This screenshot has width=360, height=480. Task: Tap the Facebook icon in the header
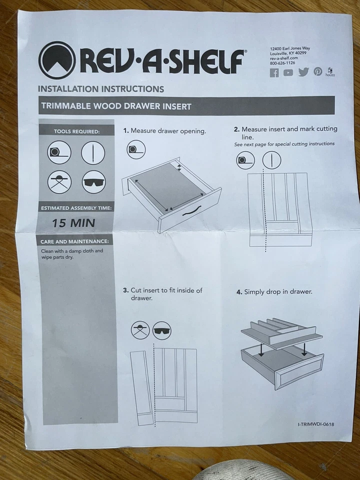click(274, 73)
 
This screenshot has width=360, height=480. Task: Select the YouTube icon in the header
click(288, 73)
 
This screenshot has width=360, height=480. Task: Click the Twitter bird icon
click(303, 72)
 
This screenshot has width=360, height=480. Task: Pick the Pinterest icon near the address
click(318, 72)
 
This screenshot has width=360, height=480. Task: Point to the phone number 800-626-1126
click(282, 63)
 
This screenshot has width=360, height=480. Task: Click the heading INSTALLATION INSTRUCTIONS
click(101, 89)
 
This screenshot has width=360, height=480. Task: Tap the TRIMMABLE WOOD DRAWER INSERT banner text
click(116, 106)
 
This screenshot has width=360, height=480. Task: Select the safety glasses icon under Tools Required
click(93, 181)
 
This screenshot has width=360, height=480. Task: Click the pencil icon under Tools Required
click(93, 152)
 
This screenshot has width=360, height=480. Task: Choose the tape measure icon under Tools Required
click(59, 152)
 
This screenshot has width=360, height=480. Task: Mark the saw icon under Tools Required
click(59, 181)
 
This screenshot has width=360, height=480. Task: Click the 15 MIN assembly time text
click(73, 223)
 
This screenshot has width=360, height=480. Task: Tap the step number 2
click(236, 129)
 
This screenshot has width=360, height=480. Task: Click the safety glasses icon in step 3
click(161, 330)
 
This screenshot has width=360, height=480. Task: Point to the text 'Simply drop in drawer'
click(278, 292)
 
